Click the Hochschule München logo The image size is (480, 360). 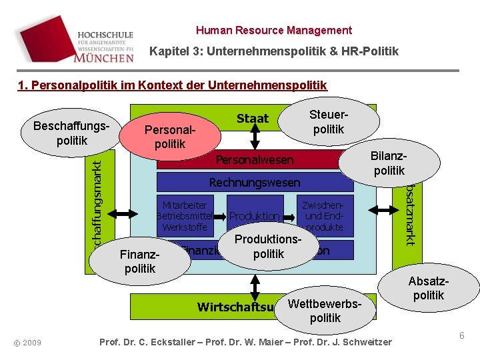point(105,45)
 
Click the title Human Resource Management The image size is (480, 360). point(274,30)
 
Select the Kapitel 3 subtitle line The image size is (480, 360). point(274,51)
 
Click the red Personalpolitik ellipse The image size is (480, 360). point(169,136)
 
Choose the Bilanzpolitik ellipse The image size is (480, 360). point(389,163)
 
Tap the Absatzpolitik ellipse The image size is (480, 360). point(428,288)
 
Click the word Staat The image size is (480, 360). point(253,119)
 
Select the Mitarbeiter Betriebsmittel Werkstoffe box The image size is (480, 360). point(183,215)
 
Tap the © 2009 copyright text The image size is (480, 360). point(27,343)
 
